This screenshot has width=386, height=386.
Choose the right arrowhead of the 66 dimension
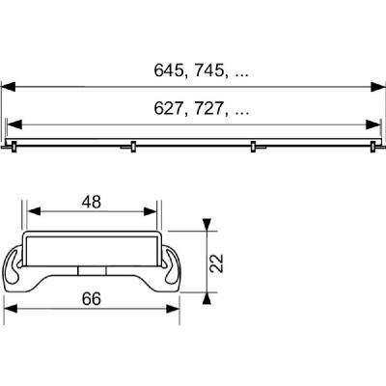click(x=176, y=311)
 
